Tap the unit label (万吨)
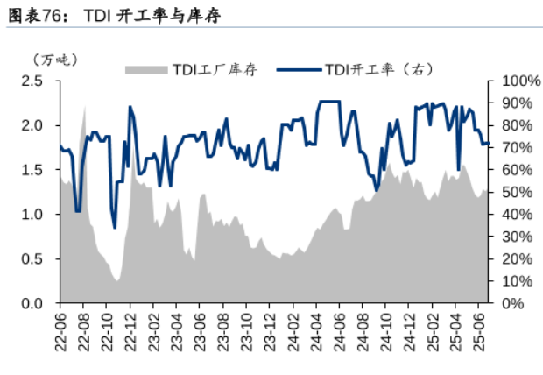[x=55, y=60]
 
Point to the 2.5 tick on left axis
[x=32, y=81]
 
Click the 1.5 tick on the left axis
[x=32, y=170]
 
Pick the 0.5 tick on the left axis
[x=32, y=258]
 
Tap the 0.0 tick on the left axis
[x=32, y=303]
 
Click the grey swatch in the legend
[x=145, y=71]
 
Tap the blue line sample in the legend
[x=298, y=71]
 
